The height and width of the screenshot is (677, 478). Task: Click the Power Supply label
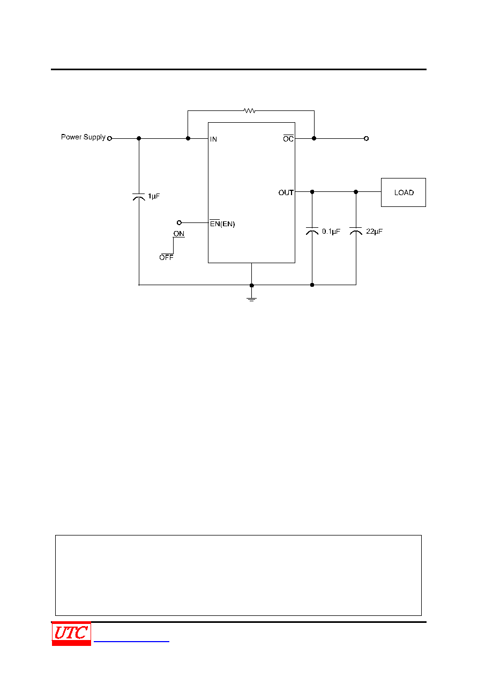83,137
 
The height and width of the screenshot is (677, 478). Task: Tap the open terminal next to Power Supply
110,138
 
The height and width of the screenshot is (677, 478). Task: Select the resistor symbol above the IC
249,110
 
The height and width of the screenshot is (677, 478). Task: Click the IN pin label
213,139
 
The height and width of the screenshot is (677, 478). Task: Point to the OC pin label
288,138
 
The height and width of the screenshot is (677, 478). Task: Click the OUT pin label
286,192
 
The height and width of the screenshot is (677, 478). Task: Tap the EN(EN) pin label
222,224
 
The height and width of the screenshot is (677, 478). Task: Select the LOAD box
404,192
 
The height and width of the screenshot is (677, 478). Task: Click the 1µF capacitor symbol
139,197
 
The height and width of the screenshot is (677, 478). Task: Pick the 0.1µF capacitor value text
331,232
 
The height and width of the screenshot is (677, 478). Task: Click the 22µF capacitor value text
375,232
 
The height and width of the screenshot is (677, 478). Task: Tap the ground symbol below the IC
251,299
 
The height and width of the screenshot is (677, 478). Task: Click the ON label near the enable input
178,234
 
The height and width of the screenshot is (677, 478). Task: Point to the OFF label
166,257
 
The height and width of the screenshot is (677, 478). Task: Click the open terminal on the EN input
179,223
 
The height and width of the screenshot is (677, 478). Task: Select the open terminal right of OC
366,138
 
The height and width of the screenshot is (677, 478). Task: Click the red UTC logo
71,634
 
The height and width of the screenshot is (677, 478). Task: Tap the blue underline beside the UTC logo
131,642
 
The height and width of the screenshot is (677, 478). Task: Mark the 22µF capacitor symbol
356,231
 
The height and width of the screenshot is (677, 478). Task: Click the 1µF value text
154,196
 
